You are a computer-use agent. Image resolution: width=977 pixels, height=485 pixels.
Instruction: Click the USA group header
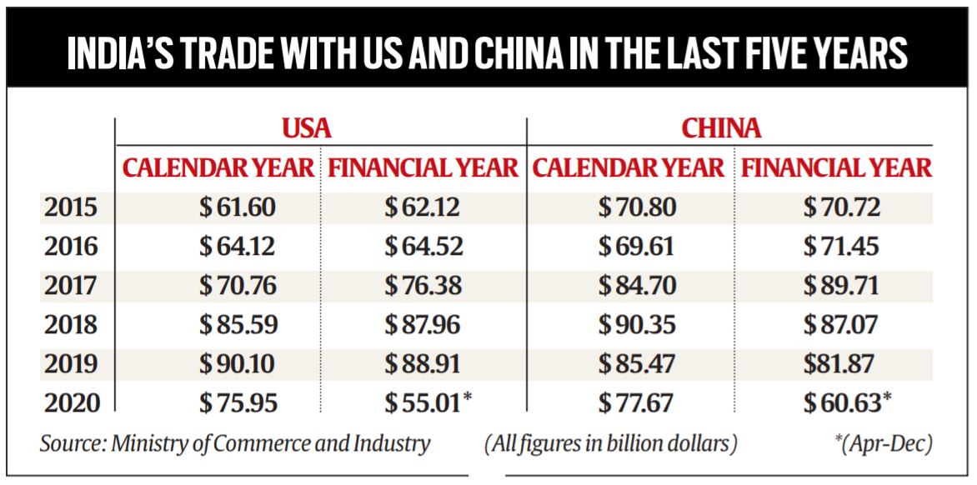point(306,128)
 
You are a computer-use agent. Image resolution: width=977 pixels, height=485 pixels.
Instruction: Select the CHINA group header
point(721,128)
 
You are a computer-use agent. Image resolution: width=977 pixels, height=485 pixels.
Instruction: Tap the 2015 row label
point(70,208)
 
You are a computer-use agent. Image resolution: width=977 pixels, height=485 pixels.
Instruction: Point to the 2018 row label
point(70,324)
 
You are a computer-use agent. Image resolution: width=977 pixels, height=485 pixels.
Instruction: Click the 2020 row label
point(70,402)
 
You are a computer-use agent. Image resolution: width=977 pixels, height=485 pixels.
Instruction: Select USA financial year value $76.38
point(422,286)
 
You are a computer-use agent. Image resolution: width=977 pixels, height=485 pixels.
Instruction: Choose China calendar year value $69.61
point(637,247)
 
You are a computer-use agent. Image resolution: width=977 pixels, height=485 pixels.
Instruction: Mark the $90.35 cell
point(637,324)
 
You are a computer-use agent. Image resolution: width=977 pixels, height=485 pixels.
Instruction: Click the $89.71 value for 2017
point(840,286)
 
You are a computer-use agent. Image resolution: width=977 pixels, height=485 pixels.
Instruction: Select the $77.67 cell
point(637,402)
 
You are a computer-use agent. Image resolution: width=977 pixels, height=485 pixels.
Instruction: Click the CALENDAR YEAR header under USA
point(219,168)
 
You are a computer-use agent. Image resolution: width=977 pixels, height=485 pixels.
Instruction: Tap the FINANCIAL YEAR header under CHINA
point(836,168)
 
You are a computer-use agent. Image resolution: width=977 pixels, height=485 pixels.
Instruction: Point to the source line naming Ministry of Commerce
point(235,443)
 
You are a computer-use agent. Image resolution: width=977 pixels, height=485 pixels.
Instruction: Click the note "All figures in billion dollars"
point(611,443)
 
